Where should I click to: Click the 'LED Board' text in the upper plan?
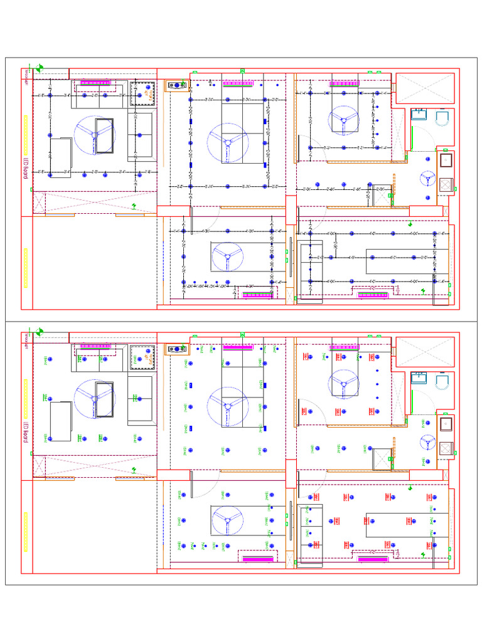tap(26, 169)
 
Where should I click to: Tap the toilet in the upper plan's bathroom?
tap(442, 117)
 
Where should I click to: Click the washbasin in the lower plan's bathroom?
tap(418, 379)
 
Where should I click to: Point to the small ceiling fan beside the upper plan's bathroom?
tap(428, 178)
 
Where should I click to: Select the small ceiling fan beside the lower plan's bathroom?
tap(428, 442)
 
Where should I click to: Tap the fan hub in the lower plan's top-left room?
tap(95, 397)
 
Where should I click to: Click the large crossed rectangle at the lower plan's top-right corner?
tap(424, 351)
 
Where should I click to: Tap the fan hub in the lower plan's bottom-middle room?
tap(225, 520)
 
